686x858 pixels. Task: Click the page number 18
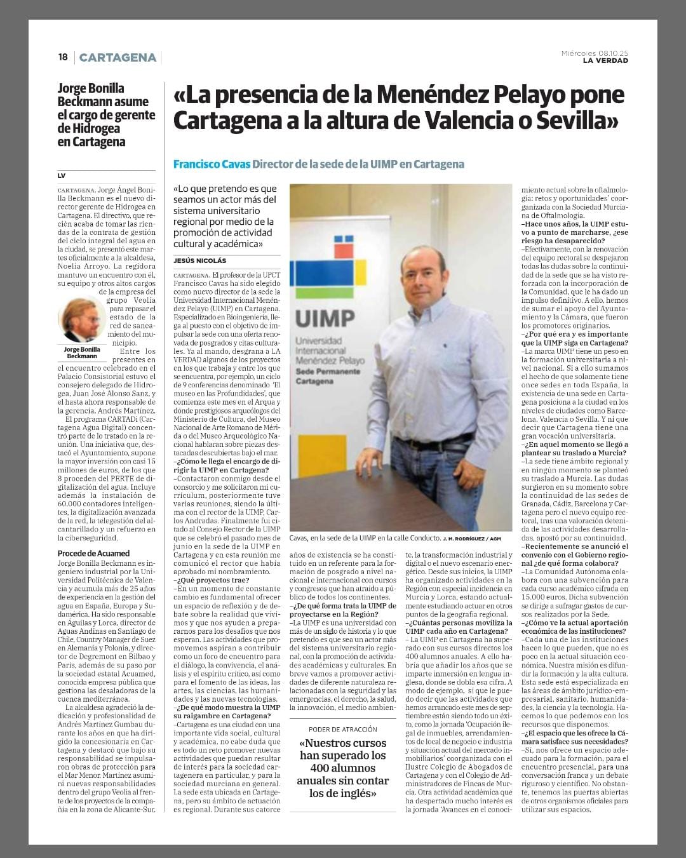[62, 57]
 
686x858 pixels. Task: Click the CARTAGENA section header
[118, 58]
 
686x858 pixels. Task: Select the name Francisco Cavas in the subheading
[212, 164]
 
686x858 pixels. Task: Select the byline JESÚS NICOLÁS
[199, 260]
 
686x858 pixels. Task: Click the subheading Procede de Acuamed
[93, 553]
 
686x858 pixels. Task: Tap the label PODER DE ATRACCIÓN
[343, 729]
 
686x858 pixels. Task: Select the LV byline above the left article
[62, 175]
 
